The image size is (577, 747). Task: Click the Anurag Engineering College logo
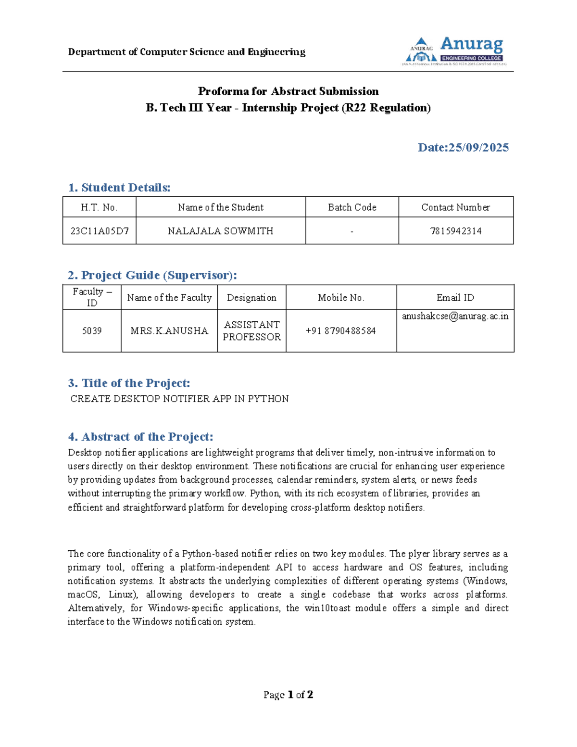(454, 51)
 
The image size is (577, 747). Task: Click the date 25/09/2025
(463, 147)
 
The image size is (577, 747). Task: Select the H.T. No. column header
(99, 207)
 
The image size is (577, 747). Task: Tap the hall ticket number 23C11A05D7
(100, 231)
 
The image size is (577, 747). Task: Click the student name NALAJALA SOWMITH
(220, 231)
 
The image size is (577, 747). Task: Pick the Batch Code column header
(352, 207)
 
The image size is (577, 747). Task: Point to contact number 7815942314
(455, 231)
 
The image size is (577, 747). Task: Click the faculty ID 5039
(92, 331)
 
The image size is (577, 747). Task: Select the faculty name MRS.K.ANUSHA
(169, 331)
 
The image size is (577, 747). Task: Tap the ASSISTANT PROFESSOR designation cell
(251, 331)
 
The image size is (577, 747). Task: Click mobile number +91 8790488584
(340, 331)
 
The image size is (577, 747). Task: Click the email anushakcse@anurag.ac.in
(455, 316)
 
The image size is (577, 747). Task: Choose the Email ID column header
(455, 298)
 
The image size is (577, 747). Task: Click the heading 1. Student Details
(119, 188)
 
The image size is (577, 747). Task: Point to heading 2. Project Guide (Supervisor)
(152, 275)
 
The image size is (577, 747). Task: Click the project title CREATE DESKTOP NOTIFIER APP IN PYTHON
(179, 399)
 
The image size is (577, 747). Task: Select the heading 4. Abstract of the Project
(140, 437)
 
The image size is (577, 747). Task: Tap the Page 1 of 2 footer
(288, 695)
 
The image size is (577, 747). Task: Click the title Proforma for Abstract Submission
(288, 91)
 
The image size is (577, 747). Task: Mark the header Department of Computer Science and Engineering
(187, 52)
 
